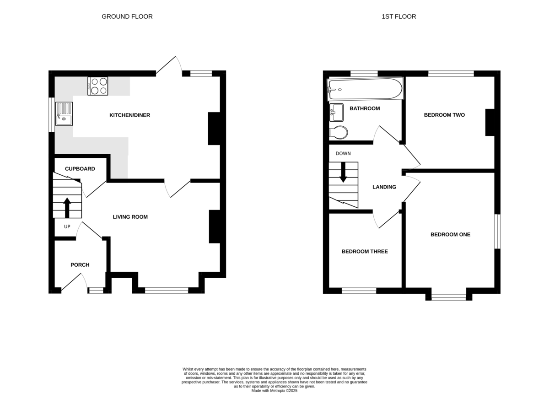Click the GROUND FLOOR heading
(x=127, y=16)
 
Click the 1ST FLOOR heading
(x=399, y=16)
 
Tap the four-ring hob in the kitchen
(x=98, y=86)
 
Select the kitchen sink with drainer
(x=64, y=114)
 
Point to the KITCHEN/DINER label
(x=129, y=115)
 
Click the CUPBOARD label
(x=80, y=169)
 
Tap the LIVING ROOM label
(x=130, y=217)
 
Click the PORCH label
(x=80, y=265)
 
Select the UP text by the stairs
(x=67, y=226)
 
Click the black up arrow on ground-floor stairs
(x=67, y=208)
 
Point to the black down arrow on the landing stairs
(x=343, y=172)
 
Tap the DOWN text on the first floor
(x=343, y=153)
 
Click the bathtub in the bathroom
(x=365, y=89)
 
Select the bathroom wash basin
(x=336, y=113)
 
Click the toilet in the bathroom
(x=338, y=132)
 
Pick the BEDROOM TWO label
(x=444, y=115)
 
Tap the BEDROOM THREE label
(x=365, y=251)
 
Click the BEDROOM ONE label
(x=451, y=234)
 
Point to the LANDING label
(x=384, y=187)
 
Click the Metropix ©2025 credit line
(x=274, y=391)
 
